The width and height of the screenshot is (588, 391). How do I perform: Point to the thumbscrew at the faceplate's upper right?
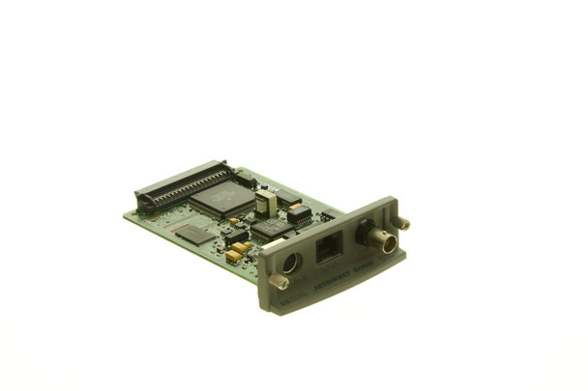(401, 223)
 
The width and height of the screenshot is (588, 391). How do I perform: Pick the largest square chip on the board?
(221, 197)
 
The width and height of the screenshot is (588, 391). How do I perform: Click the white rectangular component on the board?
(265, 202)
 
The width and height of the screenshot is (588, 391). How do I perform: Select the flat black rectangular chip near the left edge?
(194, 234)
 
